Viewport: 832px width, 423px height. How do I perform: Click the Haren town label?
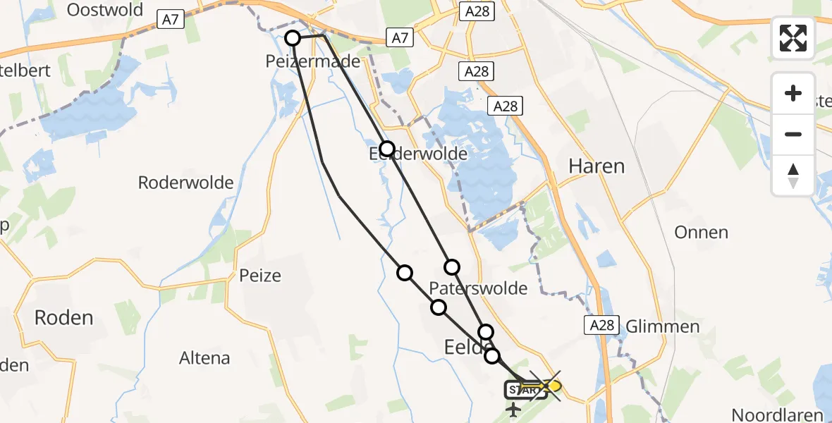597,166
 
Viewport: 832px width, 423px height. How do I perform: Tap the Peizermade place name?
323,61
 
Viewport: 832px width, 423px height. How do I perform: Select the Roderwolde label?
185,183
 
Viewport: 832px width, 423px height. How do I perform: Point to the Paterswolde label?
478,288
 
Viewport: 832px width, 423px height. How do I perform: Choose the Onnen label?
701,232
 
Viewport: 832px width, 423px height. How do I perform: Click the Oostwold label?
104,10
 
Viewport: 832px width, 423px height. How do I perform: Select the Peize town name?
259,275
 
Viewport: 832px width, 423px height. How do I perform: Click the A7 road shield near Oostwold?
170,20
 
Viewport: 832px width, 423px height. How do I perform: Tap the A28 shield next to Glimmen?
601,324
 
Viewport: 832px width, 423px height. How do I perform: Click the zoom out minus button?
793,134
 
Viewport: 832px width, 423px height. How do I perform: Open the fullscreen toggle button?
793,38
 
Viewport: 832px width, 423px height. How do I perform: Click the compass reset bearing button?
793,175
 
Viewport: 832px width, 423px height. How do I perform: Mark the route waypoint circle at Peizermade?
293,38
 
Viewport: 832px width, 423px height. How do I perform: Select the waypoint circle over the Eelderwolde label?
387,148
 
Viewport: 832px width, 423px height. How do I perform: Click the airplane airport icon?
513,409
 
